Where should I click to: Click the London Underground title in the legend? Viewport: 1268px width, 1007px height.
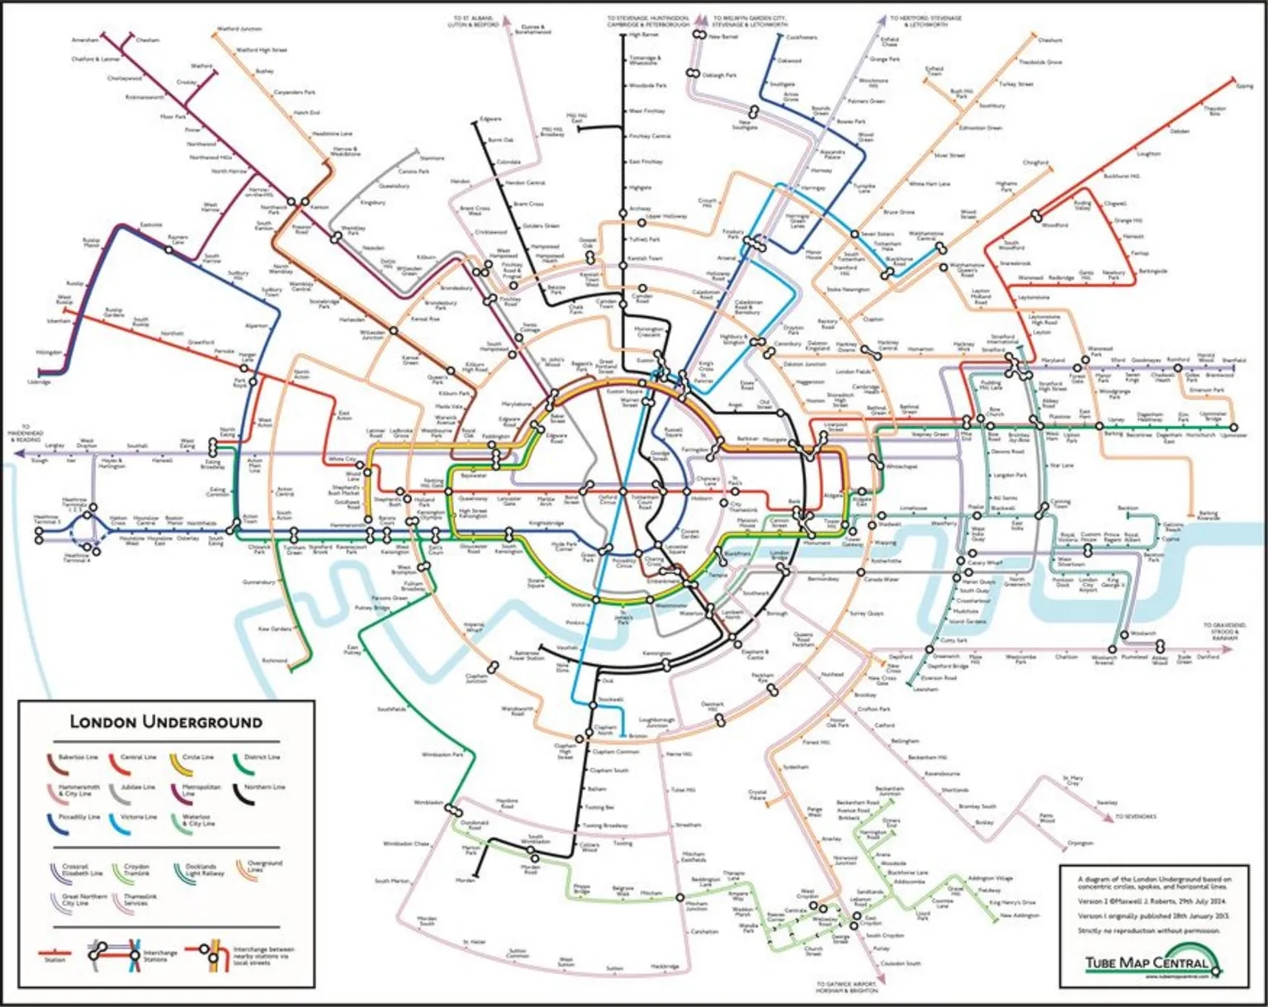coord(165,722)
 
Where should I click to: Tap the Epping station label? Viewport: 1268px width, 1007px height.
coord(1244,86)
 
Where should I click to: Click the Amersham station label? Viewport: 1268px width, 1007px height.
coord(84,40)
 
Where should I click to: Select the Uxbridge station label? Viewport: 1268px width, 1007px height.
coord(39,382)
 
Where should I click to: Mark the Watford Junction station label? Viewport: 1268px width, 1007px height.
coord(239,29)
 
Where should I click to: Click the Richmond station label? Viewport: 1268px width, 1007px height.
coord(274,660)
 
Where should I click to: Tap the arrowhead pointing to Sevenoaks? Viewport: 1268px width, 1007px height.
coord(1109,817)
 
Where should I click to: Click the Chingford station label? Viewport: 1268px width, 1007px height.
coord(1035,163)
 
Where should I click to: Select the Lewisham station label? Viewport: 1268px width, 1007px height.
coord(925,689)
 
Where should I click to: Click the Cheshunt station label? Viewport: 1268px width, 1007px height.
coord(1050,40)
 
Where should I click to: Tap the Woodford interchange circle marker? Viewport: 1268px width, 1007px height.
coord(1037,216)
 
